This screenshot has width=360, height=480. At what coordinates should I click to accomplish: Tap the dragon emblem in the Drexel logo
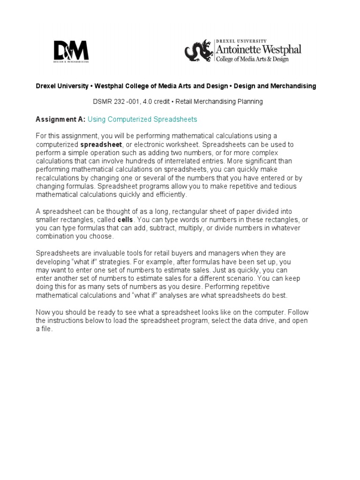[x=199, y=51]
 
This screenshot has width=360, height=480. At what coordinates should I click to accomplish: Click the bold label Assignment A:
[x=60, y=120]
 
